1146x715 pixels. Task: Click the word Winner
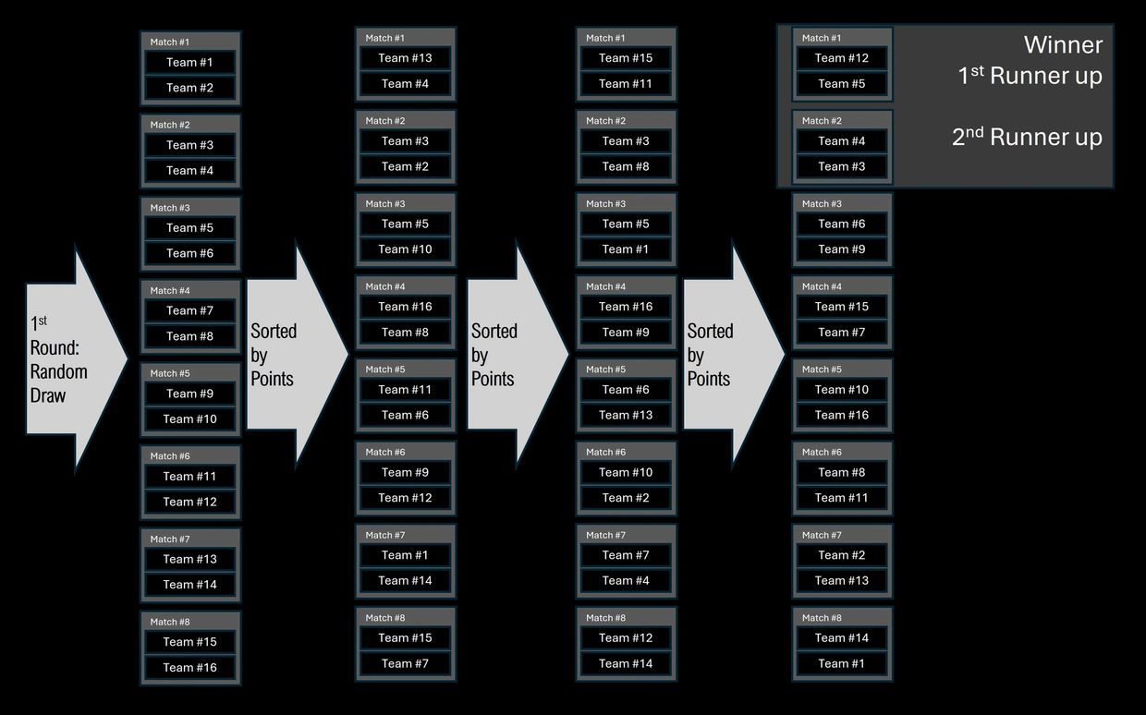[1063, 44]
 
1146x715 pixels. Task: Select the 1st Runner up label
[1030, 76]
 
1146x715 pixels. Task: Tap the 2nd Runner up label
[1027, 137]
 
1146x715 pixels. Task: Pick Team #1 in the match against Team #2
[189, 62]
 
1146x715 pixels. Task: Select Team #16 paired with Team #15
[189, 667]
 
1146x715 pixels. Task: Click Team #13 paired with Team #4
[405, 57]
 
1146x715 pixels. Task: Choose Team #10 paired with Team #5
[405, 248]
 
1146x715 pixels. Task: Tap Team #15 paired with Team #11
[626, 57]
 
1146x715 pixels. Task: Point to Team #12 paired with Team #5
[841, 57]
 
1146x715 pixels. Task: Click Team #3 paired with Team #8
[626, 140]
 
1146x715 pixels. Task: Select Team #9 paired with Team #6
[841, 248]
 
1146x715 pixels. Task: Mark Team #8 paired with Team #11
[841, 472]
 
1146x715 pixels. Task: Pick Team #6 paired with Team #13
[626, 389]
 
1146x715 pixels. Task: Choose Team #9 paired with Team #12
[405, 472]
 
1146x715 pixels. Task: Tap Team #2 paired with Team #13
[841, 555]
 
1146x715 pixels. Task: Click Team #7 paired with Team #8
[189, 310]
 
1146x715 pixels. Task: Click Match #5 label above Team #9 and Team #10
[170, 373]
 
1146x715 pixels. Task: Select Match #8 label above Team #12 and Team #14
[605, 618]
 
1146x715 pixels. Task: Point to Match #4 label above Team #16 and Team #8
[385, 286]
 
